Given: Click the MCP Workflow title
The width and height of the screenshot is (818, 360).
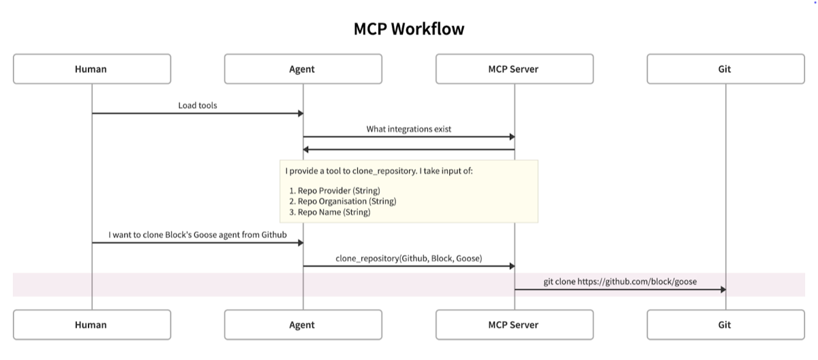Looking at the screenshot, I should point(409,29).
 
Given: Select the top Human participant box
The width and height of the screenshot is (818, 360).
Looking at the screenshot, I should point(91,69).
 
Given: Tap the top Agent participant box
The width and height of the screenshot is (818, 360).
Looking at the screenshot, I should point(303,69).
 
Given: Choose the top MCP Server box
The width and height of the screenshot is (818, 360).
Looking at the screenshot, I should point(514,69).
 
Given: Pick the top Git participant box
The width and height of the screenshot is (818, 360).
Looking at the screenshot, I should point(725,69).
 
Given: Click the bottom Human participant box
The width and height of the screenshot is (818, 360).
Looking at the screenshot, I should point(91,325).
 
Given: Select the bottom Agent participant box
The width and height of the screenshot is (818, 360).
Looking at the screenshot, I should point(303,325).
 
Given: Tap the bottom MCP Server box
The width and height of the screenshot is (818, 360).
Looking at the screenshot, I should point(514,325).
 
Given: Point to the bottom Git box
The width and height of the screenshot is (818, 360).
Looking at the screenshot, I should point(725,325).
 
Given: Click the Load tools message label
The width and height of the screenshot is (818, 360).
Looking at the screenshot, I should point(198,106).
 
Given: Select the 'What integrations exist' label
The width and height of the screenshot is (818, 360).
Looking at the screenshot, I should point(409,129).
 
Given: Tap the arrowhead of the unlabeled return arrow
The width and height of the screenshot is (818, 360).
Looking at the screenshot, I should point(306,149).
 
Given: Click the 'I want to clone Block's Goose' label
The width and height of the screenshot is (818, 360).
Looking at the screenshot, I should point(198,235).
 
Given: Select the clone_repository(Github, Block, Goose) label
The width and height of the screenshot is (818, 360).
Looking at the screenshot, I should point(409,258).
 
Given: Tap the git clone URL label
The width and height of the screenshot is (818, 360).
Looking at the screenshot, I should point(620,282).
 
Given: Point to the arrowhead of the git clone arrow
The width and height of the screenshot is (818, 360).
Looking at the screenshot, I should point(723,289).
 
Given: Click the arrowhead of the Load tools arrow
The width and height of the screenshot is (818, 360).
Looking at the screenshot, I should point(300,113).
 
